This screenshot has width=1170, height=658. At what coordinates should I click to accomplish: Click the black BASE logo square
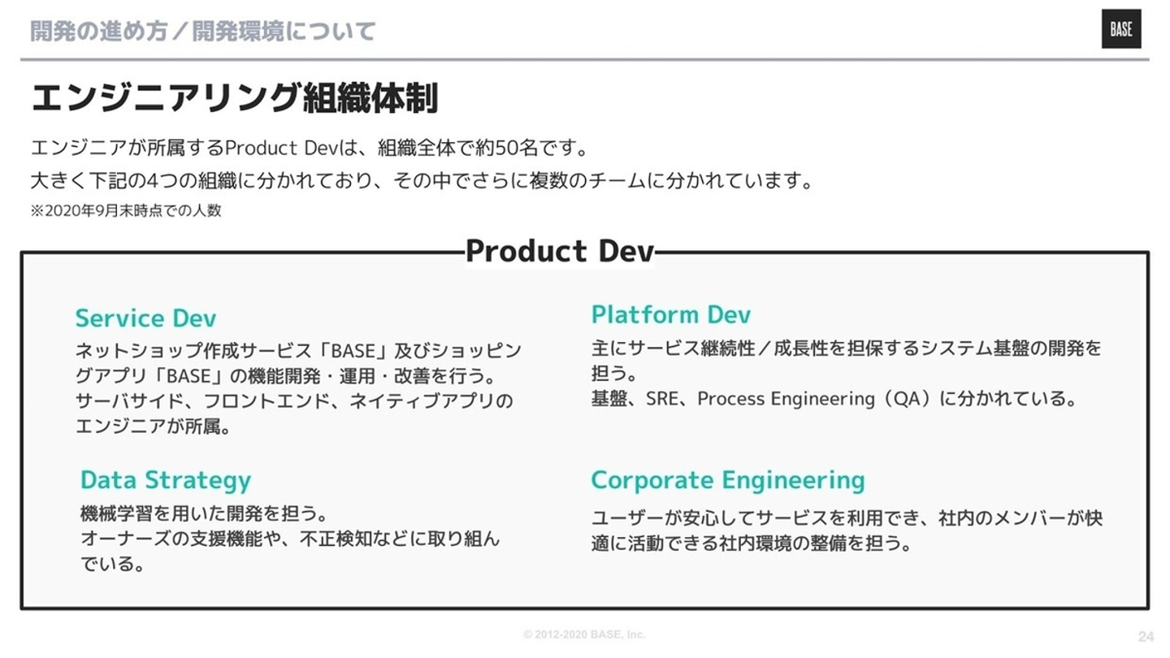pos(1121,28)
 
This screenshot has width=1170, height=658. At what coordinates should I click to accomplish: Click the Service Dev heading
pos(145,318)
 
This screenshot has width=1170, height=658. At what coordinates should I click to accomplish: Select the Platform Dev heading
pos(670,314)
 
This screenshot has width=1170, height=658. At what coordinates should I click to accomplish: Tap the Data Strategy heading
pos(166,480)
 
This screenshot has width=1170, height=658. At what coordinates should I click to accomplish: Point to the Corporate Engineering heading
pos(728,480)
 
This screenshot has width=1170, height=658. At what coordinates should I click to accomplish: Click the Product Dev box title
pos(559,251)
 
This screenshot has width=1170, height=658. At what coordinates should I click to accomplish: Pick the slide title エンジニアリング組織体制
pos(235,97)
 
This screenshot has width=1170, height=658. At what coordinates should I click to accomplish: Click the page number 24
pos(1146,637)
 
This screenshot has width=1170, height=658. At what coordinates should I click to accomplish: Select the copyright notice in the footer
pos(584,634)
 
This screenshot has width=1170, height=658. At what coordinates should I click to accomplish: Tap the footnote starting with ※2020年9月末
pos(126,210)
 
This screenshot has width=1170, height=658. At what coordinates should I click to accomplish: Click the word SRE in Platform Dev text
pos(661,399)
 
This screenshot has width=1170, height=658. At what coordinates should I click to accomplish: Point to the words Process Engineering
pos(786,399)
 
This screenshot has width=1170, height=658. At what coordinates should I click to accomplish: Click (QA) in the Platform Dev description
pos(907,399)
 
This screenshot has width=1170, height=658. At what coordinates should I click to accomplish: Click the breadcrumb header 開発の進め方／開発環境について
pos(202,31)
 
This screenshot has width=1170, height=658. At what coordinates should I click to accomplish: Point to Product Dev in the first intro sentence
pos(283,148)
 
